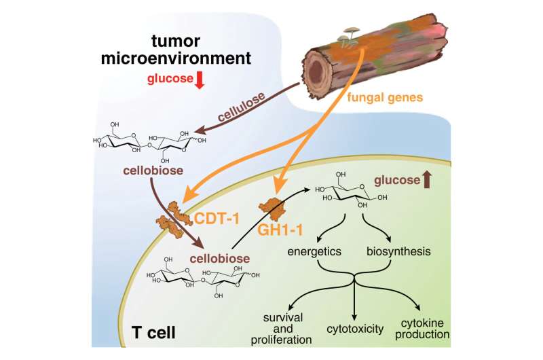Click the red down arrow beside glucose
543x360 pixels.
[x=200, y=80]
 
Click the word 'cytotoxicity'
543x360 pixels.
[x=355, y=327]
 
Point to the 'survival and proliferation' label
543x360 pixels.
[x=286, y=329]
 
